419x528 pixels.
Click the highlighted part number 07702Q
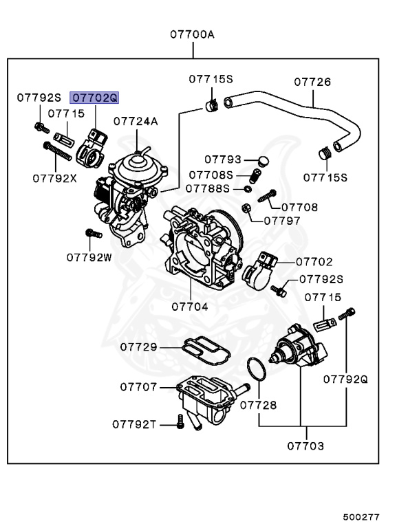[96, 98]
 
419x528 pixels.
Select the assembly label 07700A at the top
[193, 34]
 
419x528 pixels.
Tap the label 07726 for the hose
[312, 82]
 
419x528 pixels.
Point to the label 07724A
[136, 122]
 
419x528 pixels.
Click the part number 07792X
[54, 177]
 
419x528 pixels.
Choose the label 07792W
[89, 257]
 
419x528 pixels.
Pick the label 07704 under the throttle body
[189, 307]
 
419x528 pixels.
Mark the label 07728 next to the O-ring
[258, 405]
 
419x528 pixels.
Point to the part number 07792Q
[346, 378]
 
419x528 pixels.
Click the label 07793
[222, 159]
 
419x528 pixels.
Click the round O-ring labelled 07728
[256, 369]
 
